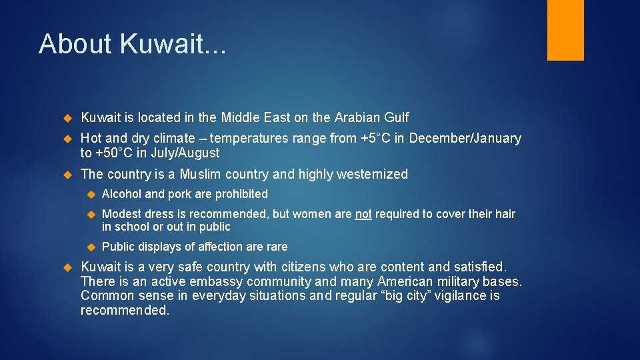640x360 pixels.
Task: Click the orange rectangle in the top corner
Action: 565,30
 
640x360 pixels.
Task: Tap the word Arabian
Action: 357,118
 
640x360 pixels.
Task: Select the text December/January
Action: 465,139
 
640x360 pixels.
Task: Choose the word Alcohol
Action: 122,194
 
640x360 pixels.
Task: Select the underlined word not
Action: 363,214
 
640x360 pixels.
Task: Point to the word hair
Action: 505,214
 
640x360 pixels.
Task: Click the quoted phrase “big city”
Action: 406,296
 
